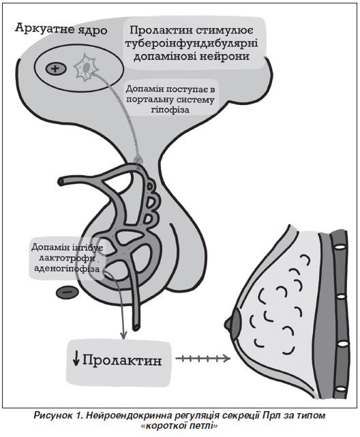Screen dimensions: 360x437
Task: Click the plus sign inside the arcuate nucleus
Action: (56, 69)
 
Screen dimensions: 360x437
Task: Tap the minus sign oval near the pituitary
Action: (67, 292)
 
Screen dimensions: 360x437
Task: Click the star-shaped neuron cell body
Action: (86, 69)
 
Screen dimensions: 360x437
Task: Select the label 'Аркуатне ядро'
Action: (61, 29)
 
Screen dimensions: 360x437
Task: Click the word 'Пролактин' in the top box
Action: (160, 30)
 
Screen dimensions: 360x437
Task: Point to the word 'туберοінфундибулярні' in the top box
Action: (192, 44)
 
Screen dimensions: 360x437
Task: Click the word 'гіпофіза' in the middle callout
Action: (170, 110)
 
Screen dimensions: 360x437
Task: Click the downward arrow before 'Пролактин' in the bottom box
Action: (76, 361)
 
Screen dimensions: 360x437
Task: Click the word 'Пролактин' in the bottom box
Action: (122, 361)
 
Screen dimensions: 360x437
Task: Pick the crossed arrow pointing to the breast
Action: (203, 359)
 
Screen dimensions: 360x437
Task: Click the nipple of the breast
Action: (228, 323)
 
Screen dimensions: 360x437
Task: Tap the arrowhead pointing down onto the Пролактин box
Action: (123, 335)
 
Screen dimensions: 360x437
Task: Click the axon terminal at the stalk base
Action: (139, 160)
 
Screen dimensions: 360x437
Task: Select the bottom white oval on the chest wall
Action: (340, 389)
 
